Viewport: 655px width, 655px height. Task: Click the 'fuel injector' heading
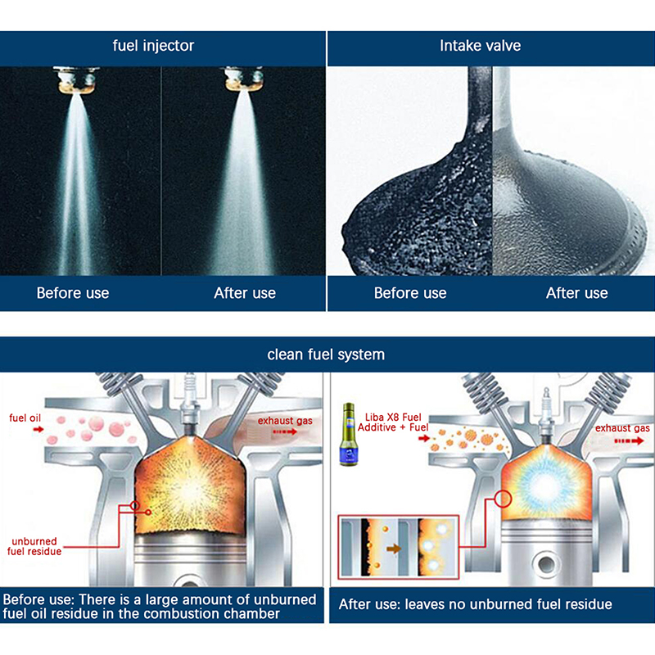tap(153, 46)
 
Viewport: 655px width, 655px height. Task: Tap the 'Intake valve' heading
tap(480, 46)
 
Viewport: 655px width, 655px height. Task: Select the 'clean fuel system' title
tap(326, 355)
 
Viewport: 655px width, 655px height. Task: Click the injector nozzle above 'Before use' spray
tap(76, 80)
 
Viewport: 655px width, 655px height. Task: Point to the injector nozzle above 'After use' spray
tap(244, 79)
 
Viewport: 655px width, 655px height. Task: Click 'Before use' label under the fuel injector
tap(73, 293)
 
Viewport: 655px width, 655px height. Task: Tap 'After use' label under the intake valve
tap(577, 293)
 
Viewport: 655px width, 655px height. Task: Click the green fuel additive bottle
tap(349, 435)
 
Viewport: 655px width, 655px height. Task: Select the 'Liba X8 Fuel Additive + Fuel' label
tap(393, 422)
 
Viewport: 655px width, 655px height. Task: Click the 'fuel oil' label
tap(25, 418)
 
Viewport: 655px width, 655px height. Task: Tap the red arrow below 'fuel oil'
tap(38, 429)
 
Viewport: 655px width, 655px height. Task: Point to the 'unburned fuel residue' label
tap(34, 546)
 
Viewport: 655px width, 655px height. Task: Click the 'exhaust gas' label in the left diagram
tap(285, 421)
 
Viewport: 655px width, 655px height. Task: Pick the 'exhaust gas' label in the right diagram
tap(622, 428)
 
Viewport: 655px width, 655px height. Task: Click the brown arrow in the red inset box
tap(394, 549)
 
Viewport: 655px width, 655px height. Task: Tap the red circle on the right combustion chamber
tap(503, 499)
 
